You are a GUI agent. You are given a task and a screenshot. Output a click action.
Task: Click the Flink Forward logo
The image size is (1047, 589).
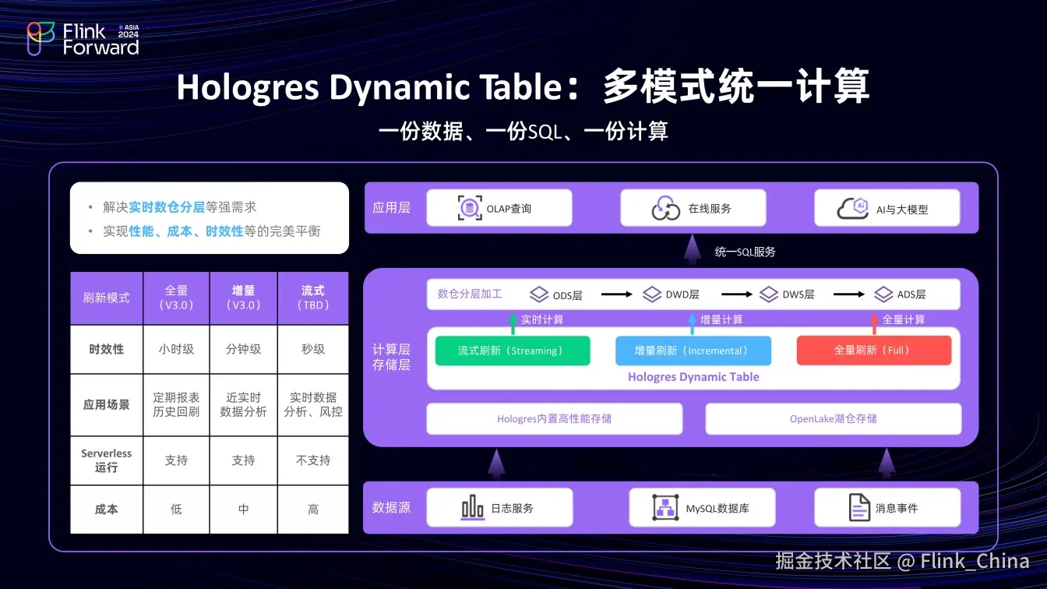(x=83, y=39)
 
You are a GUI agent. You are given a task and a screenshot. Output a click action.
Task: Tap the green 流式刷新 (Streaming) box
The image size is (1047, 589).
(x=513, y=351)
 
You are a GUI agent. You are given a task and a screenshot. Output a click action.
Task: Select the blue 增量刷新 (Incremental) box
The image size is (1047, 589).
(x=693, y=351)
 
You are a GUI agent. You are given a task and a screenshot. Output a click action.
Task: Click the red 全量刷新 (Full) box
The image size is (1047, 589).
(x=873, y=351)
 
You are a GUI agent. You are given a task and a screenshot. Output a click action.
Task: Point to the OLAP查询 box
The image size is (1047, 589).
(x=499, y=208)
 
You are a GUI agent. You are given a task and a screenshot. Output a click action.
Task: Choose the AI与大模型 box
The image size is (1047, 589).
(x=887, y=208)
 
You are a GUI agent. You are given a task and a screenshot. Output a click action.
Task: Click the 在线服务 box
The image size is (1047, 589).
(x=693, y=208)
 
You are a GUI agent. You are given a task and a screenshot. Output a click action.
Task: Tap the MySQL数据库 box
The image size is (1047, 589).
(x=702, y=508)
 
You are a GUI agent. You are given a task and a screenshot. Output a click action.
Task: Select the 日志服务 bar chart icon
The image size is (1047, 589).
(x=473, y=508)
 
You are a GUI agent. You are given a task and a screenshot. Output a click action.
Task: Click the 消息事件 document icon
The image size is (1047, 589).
(x=859, y=508)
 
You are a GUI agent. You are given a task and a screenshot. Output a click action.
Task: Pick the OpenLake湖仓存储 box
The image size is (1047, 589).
(x=833, y=418)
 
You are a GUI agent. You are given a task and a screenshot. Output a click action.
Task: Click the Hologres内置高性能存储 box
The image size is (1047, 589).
(x=554, y=418)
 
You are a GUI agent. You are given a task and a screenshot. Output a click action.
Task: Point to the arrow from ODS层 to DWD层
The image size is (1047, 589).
(x=615, y=294)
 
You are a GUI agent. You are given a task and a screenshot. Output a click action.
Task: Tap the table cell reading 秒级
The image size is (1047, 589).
(x=313, y=349)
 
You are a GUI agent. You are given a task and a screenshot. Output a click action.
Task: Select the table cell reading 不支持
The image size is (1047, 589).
(x=313, y=460)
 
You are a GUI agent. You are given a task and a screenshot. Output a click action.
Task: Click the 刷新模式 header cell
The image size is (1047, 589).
(x=107, y=298)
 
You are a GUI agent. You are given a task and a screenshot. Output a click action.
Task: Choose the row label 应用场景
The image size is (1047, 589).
(x=107, y=405)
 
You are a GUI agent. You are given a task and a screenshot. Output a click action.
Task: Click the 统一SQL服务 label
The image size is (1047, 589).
(x=745, y=252)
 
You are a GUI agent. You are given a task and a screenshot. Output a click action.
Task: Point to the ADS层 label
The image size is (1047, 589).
(x=911, y=294)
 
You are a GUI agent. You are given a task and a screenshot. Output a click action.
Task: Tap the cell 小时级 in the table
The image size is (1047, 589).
(x=176, y=349)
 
